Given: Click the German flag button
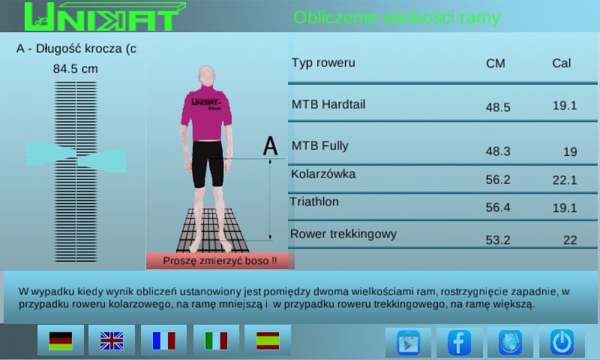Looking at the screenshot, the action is pyautogui.click(x=61, y=340).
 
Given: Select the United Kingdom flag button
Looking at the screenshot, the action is pyautogui.click(x=112, y=340).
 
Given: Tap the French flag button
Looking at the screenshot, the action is pyautogui.click(x=163, y=340).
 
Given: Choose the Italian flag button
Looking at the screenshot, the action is pyautogui.click(x=216, y=340).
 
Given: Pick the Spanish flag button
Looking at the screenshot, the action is pyautogui.click(x=268, y=340).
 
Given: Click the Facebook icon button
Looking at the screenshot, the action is pyautogui.click(x=459, y=343).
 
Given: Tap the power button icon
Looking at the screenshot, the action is pyautogui.click(x=562, y=342).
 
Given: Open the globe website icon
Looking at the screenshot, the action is pyautogui.click(x=510, y=343).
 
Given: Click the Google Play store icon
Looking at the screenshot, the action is pyautogui.click(x=408, y=343).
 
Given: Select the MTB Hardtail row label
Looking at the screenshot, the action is pyautogui.click(x=328, y=104).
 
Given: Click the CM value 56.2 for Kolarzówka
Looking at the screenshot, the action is pyautogui.click(x=498, y=179).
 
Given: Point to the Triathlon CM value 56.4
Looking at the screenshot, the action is pyautogui.click(x=498, y=207).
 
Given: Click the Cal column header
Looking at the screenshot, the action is pyautogui.click(x=561, y=63).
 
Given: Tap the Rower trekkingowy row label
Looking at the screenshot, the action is pyautogui.click(x=343, y=234).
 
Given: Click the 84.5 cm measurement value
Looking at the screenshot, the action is pyautogui.click(x=76, y=69).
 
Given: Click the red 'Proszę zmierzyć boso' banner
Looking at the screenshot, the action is pyautogui.click(x=220, y=261).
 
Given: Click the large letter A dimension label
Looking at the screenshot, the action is pyautogui.click(x=270, y=145).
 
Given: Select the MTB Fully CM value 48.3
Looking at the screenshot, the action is pyautogui.click(x=498, y=151).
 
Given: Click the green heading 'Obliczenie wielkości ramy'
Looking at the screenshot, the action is pyautogui.click(x=397, y=17).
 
